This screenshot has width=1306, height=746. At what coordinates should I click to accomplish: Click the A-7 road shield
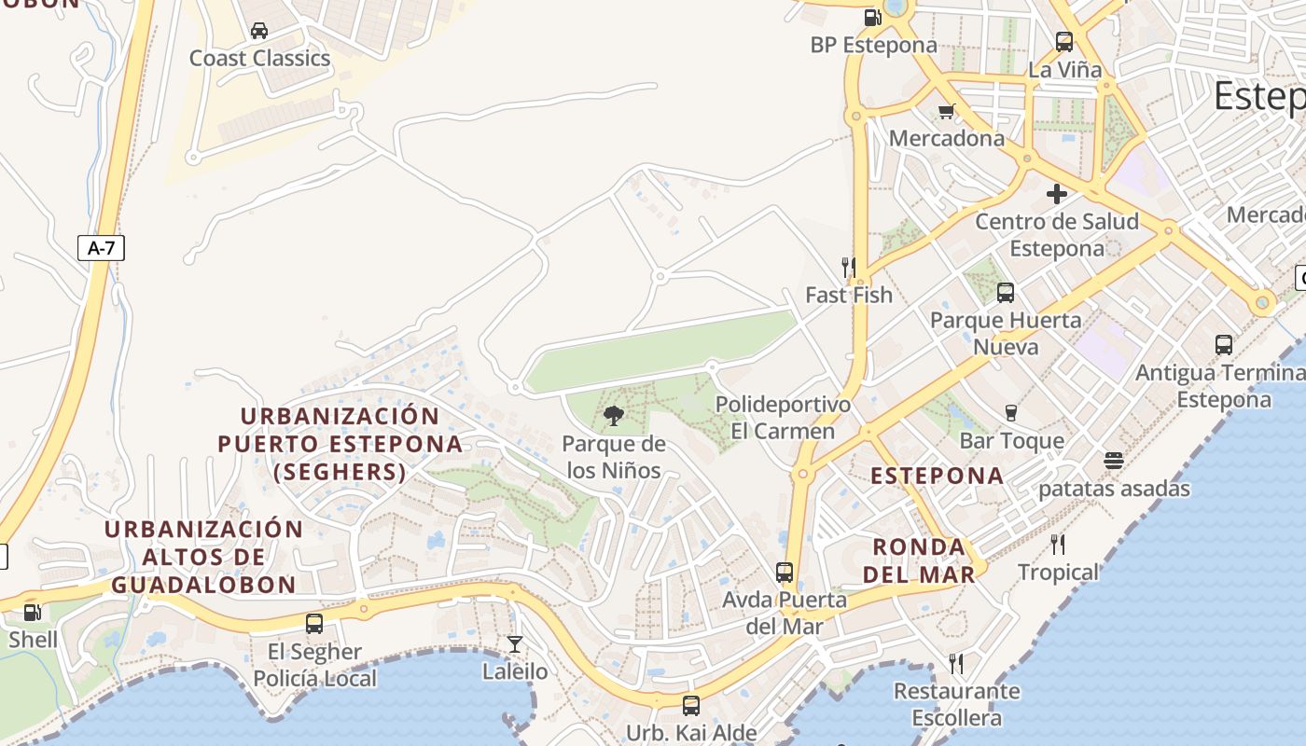[100, 248]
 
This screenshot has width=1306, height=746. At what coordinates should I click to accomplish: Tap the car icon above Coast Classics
[259, 31]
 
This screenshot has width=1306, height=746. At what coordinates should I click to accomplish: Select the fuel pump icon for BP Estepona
[872, 17]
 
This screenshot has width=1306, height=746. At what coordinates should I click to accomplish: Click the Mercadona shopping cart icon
[947, 111]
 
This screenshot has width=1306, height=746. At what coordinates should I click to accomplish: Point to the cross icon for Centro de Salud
[1056, 194]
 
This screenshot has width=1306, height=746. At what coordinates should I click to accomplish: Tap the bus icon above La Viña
[1064, 42]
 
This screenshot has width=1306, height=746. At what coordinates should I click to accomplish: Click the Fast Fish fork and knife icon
[849, 268]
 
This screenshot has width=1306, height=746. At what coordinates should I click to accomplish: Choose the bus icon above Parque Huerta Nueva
[1006, 293]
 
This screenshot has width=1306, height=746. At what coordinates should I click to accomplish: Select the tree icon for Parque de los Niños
[614, 416]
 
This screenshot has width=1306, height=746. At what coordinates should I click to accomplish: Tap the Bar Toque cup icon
[1011, 413]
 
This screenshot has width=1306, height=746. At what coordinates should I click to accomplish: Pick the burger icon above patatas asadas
[1113, 461]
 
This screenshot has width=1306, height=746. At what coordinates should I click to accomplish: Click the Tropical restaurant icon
[1058, 545]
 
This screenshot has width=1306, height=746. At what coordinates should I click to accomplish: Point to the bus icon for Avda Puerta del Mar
[785, 572]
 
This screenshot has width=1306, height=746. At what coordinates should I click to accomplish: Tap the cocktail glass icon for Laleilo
[515, 643]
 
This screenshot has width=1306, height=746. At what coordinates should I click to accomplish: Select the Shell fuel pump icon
[33, 613]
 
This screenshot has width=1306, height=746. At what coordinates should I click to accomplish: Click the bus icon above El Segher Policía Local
[314, 624]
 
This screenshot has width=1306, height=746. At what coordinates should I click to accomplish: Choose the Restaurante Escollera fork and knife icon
[956, 664]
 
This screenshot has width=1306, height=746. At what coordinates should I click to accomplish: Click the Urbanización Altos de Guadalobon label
[203, 557]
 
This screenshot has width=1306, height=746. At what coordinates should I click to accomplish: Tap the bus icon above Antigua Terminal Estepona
[1224, 345]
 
